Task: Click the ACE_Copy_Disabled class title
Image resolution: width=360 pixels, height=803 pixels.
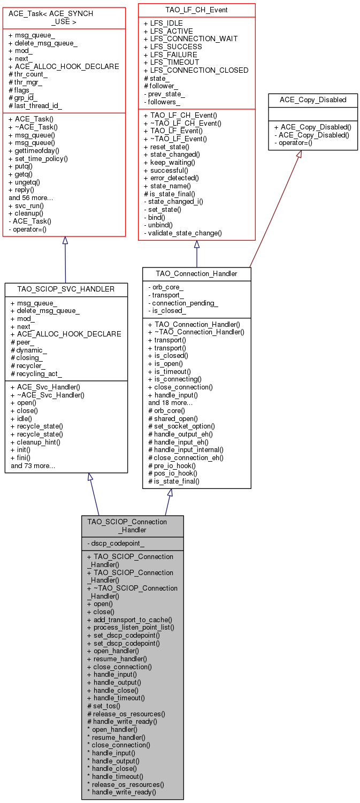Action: [313, 100]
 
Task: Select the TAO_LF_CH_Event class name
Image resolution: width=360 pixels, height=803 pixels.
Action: [196, 10]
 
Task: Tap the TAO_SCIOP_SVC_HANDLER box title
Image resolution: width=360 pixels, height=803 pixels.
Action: [66, 289]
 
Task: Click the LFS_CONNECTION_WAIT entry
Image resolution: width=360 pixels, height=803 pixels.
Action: [190, 39]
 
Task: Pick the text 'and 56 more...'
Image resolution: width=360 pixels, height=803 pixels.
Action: [31, 198]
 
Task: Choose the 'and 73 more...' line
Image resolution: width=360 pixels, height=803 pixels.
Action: [33, 465]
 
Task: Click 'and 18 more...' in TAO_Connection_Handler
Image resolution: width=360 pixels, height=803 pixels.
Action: [170, 403]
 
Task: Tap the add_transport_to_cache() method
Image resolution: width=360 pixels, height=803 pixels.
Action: [129, 620]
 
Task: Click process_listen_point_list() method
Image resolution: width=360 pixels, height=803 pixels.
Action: [131, 628]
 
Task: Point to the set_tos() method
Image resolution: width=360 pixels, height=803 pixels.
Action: [104, 706]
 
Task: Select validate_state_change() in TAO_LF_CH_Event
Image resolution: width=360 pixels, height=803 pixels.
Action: [183, 233]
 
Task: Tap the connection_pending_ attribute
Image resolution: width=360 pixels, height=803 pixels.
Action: [183, 303]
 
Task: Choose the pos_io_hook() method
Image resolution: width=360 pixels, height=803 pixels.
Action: [172, 473]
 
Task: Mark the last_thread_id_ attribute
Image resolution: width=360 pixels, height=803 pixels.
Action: [35, 106]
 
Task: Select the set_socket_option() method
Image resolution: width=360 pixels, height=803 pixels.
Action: [181, 426]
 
